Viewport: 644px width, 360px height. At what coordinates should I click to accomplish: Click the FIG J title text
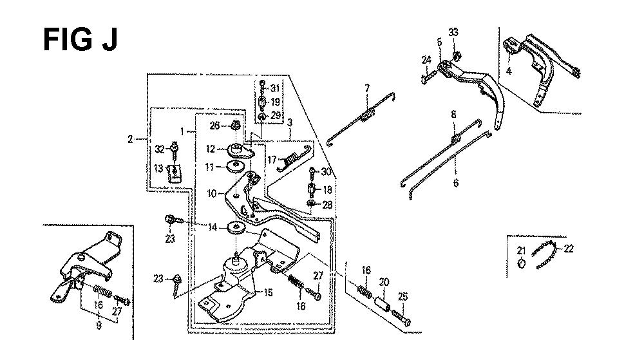(x=80, y=40)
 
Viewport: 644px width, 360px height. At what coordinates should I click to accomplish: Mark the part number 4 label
(x=508, y=71)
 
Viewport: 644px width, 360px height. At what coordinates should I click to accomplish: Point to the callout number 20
(x=384, y=281)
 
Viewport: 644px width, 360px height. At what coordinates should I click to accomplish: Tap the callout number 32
(x=160, y=149)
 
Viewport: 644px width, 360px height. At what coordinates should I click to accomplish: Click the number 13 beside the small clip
(x=158, y=169)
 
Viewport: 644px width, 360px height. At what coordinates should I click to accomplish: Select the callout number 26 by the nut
(x=215, y=125)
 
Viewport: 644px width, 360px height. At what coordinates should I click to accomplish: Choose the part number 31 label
(x=276, y=88)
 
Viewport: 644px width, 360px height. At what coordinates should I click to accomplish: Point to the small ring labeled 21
(x=522, y=263)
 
